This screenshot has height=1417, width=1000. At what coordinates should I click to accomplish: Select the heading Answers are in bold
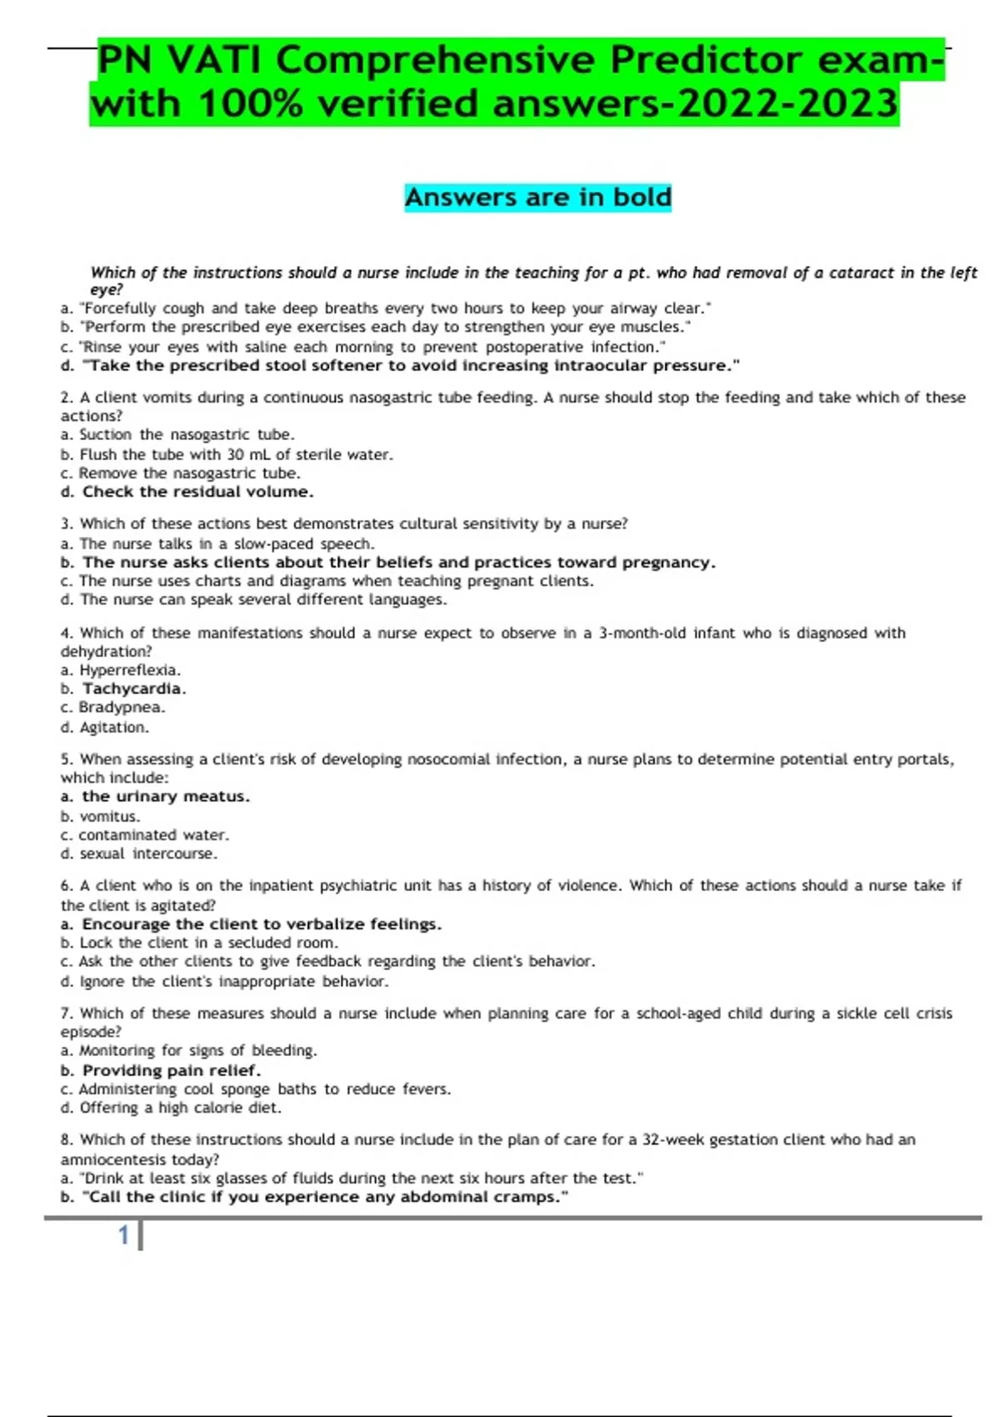537,198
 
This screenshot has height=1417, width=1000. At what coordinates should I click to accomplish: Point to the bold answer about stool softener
400,366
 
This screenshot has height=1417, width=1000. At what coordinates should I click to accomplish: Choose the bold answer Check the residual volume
197,492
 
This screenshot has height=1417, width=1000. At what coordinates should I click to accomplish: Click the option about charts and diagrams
336,581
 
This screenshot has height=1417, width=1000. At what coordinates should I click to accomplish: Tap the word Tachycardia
132,689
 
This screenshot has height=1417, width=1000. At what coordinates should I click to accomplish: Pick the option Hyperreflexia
129,670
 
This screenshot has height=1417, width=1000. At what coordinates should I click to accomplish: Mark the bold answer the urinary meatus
165,797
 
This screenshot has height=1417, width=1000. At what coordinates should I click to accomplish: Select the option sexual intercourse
147,854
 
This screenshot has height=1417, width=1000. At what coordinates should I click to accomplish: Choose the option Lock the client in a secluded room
208,944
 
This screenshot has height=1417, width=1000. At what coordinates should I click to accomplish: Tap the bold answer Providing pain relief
171,1071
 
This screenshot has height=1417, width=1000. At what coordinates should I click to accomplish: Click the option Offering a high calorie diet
180,1109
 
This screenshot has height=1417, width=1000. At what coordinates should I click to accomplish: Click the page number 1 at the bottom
123,1235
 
